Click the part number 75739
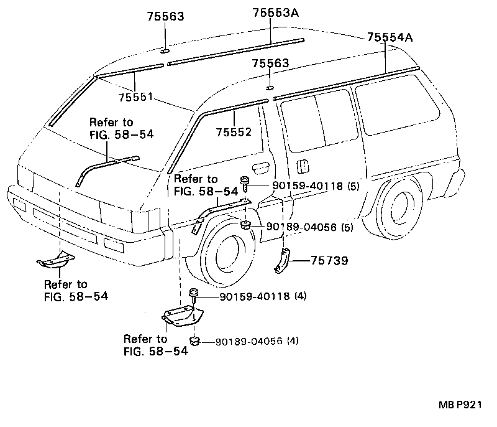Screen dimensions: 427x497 330,260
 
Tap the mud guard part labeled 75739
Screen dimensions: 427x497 282,260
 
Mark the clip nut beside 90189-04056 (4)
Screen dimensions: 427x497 194,340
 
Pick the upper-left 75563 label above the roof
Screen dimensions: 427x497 165,17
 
